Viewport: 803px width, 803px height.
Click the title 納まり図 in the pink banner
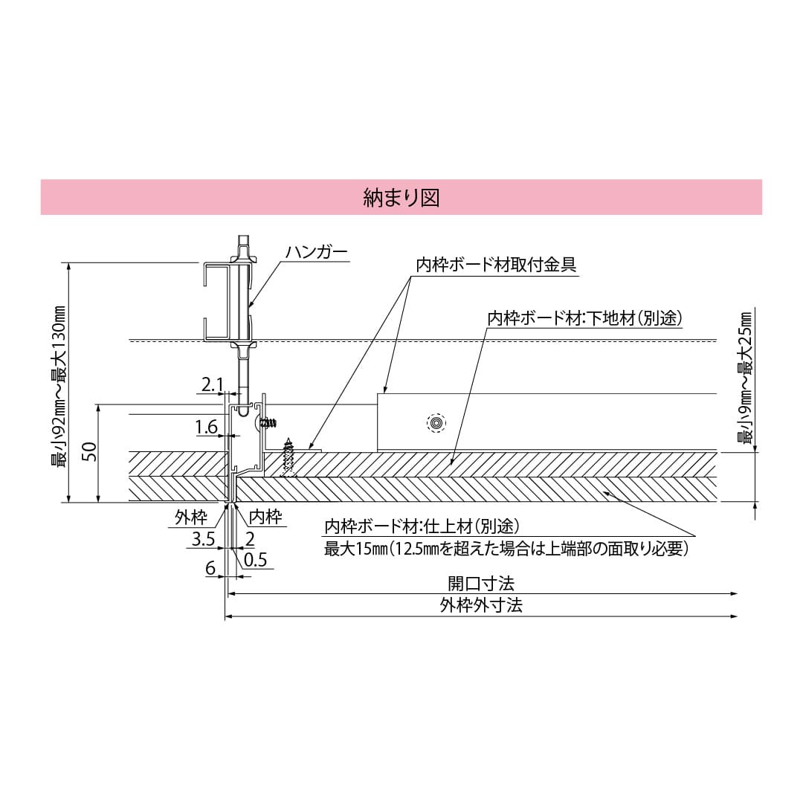point(401,197)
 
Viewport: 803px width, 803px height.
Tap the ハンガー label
point(316,253)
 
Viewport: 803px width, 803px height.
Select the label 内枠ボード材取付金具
point(496,265)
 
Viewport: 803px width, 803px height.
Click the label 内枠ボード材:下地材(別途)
point(584,318)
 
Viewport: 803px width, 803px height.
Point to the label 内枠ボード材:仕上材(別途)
point(420,527)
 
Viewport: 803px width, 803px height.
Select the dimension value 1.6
point(206,427)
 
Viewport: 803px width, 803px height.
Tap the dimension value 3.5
point(203,540)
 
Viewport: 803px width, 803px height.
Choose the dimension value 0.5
point(255,560)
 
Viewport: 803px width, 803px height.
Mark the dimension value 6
point(210,568)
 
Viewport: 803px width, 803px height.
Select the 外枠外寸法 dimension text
point(480,605)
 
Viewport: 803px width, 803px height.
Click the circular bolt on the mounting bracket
point(436,423)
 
